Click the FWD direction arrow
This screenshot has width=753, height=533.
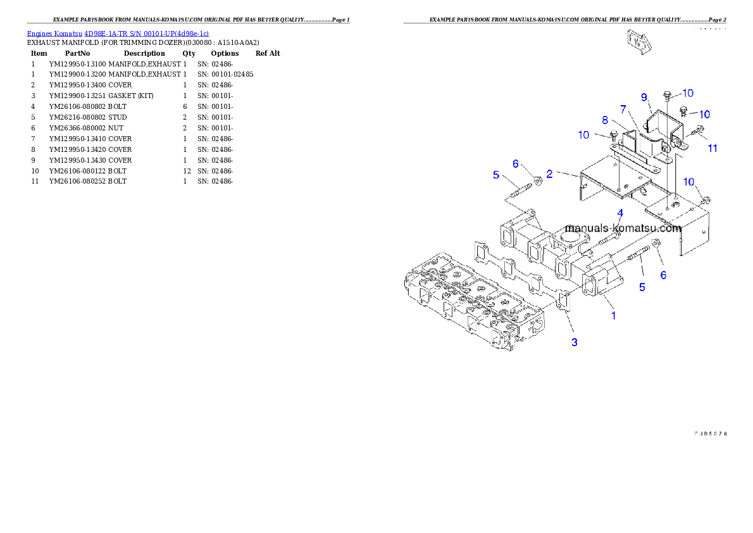click(638, 42)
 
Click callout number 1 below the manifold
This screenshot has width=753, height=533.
click(613, 315)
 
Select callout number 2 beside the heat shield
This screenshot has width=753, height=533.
click(549, 173)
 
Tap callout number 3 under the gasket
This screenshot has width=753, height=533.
click(574, 342)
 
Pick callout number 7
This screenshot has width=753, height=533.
click(623, 109)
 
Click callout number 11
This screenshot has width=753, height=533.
click(713, 148)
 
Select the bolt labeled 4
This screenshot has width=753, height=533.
click(608, 239)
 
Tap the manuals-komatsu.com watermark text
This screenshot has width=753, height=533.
click(623, 228)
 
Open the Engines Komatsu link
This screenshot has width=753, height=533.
click(54, 33)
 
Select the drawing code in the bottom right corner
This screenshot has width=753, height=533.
click(710, 434)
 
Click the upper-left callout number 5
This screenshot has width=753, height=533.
click(497, 175)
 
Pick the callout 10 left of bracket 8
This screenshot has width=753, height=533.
click(583, 135)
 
